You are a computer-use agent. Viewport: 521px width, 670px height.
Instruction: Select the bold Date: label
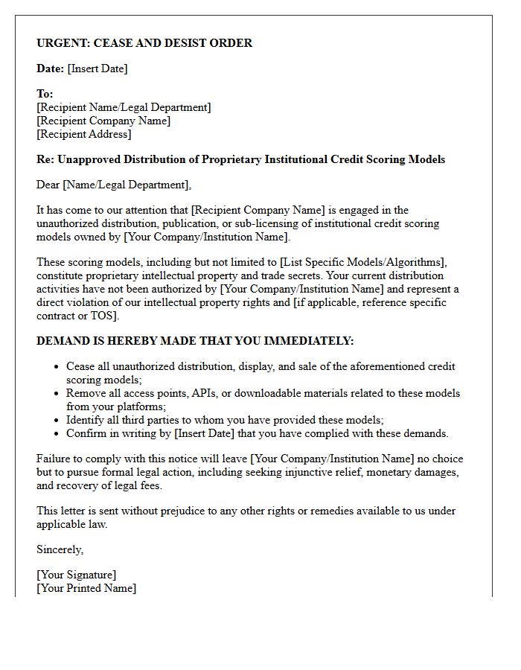(50, 68)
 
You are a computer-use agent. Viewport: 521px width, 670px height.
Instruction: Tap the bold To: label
(45, 94)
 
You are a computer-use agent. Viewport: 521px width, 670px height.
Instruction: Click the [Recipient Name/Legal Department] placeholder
(124, 107)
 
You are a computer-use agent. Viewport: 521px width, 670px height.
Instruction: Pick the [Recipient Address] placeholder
(83, 134)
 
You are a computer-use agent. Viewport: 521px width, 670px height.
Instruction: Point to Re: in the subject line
(45, 159)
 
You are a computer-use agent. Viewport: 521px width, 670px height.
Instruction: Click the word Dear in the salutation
(48, 185)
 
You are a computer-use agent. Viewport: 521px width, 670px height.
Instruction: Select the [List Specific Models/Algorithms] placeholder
(359, 262)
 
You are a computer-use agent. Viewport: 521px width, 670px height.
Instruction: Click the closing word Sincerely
(60, 549)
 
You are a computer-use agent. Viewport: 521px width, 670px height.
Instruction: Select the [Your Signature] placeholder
(77, 575)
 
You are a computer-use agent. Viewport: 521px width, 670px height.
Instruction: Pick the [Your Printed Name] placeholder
(86, 588)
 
